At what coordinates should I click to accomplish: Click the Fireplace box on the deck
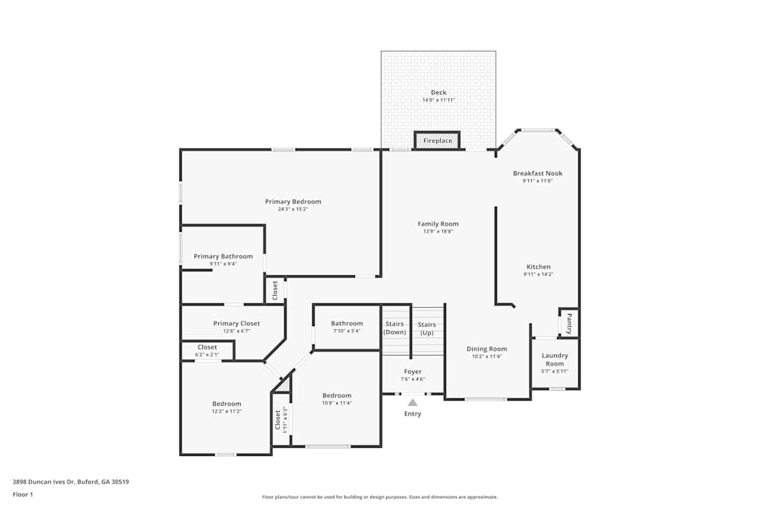pyautogui.click(x=437, y=141)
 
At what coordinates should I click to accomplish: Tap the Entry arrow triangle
pyautogui.click(x=412, y=403)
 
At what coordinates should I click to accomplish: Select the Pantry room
pyautogui.click(x=568, y=322)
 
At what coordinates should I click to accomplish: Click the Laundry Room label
pyautogui.click(x=555, y=360)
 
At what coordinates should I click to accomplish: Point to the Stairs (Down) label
pyautogui.click(x=395, y=328)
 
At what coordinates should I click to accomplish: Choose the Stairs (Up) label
pyautogui.click(x=427, y=328)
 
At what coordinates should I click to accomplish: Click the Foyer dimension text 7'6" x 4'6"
pyautogui.click(x=413, y=379)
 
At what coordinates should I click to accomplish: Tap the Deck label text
pyautogui.click(x=439, y=93)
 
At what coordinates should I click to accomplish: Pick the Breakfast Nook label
pyautogui.click(x=537, y=173)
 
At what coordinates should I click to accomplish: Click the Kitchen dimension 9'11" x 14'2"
pyautogui.click(x=539, y=274)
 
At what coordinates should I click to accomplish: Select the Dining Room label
pyautogui.click(x=486, y=349)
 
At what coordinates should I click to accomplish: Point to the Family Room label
pyautogui.click(x=439, y=223)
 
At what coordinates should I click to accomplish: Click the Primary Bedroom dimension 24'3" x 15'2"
pyautogui.click(x=293, y=209)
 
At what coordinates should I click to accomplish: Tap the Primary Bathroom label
pyautogui.click(x=223, y=256)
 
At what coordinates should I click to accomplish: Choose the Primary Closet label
pyautogui.click(x=236, y=324)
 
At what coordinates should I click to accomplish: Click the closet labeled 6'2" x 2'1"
pyautogui.click(x=207, y=350)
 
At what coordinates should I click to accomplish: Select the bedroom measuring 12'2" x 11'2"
pyautogui.click(x=226, y=407)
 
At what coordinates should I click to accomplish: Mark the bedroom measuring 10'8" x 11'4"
pyautogui.click(x=337, y=399)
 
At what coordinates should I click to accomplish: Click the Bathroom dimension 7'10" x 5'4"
pyautogui.click(x=347, y=331)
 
